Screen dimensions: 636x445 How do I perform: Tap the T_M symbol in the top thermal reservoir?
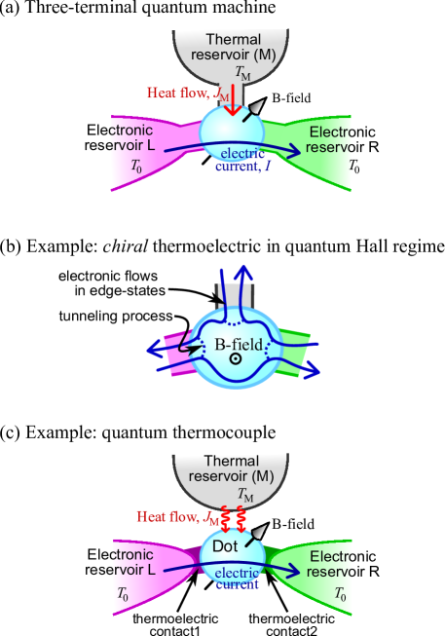tap(242, 73)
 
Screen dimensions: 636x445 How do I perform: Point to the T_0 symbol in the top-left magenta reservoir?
tap(137, 166)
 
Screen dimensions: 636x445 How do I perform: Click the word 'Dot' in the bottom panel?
tap(225, 547)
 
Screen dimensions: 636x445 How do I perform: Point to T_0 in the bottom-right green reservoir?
tap(340, 592)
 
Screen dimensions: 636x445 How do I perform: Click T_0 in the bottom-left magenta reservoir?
tap(124, 592)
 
